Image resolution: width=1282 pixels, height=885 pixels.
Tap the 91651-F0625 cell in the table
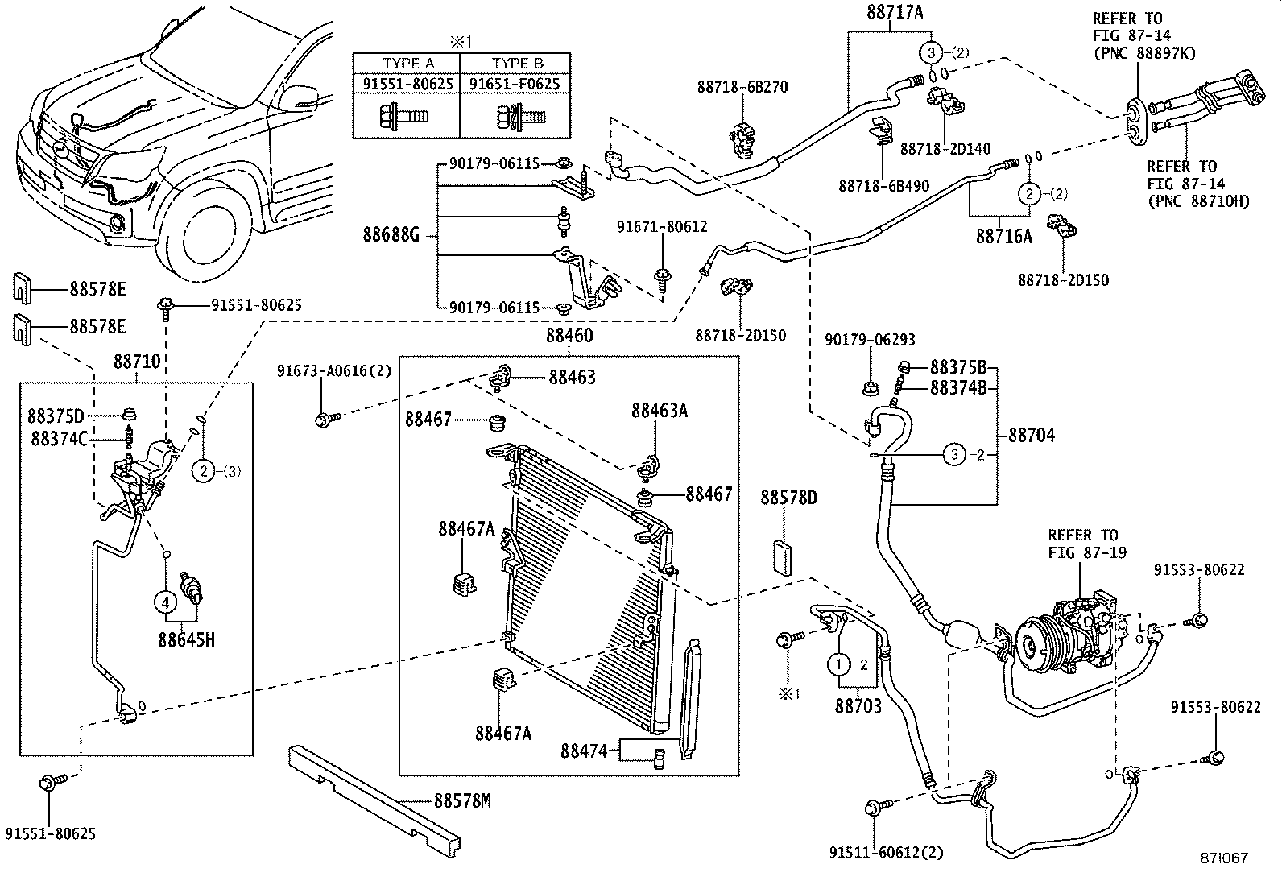tap(515, 83)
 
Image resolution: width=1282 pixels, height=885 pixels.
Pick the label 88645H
tap(186, 641)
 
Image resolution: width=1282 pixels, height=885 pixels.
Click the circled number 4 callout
tap(165, 602)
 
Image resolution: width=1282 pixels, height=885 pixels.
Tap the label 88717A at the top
tap(895, 12)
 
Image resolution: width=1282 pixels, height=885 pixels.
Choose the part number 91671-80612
tap(662, 228)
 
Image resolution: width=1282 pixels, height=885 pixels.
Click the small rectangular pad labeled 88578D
tap(782, 556)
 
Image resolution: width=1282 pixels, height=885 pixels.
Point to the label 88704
tap(1032, 436)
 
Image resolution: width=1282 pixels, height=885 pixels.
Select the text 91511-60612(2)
tap(887, 853)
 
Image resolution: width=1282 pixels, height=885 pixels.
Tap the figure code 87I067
tap(1223, 858)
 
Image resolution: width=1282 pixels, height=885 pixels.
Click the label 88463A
tap(659, 411)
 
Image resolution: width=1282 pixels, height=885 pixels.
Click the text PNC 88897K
tap(1143, 53)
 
